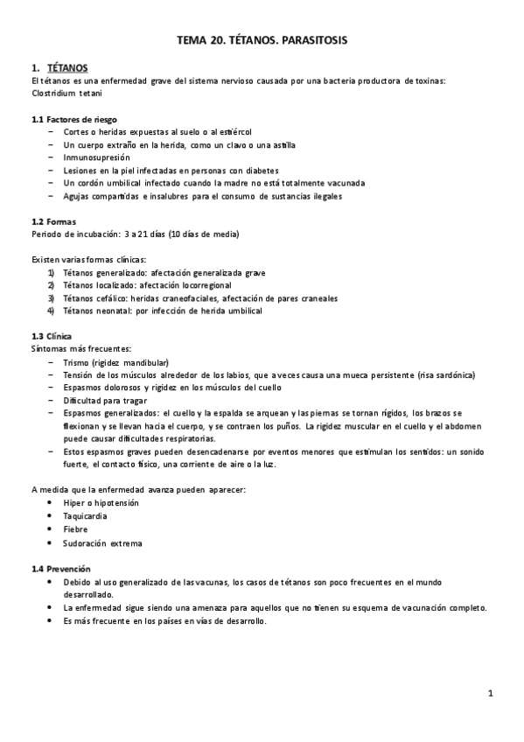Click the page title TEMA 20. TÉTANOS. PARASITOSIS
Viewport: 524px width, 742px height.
click(262, 39)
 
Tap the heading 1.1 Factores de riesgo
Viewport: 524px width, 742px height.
click(74, 119)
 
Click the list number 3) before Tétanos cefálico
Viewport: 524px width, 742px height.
click(51, 297)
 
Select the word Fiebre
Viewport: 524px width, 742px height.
click(75, 529)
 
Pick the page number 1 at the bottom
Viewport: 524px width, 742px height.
click(491, 694)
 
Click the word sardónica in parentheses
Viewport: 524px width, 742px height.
click(453, 375)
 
